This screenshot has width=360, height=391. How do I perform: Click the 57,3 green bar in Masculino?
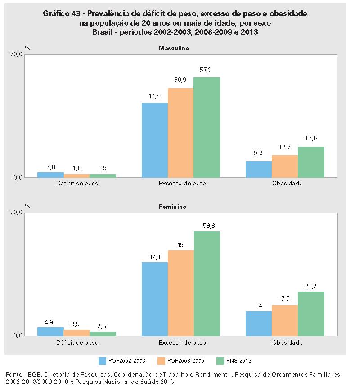207,127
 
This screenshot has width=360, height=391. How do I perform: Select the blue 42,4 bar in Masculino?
154,140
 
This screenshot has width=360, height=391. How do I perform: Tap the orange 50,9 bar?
180,133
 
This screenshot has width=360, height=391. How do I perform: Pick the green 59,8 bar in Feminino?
207,283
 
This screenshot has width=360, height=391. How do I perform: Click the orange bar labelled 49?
180,293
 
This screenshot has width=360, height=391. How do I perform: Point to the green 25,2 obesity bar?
311,314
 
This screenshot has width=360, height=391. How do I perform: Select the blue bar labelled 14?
259,324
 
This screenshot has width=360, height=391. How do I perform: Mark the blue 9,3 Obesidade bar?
259,169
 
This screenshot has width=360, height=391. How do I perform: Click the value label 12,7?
285,147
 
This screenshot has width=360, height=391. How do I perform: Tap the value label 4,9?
50,322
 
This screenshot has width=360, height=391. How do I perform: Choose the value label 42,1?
154,257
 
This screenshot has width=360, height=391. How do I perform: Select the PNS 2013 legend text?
238,360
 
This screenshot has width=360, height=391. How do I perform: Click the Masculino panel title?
173,48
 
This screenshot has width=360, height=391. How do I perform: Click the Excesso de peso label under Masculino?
180,184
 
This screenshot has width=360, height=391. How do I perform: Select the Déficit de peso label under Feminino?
76,342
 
